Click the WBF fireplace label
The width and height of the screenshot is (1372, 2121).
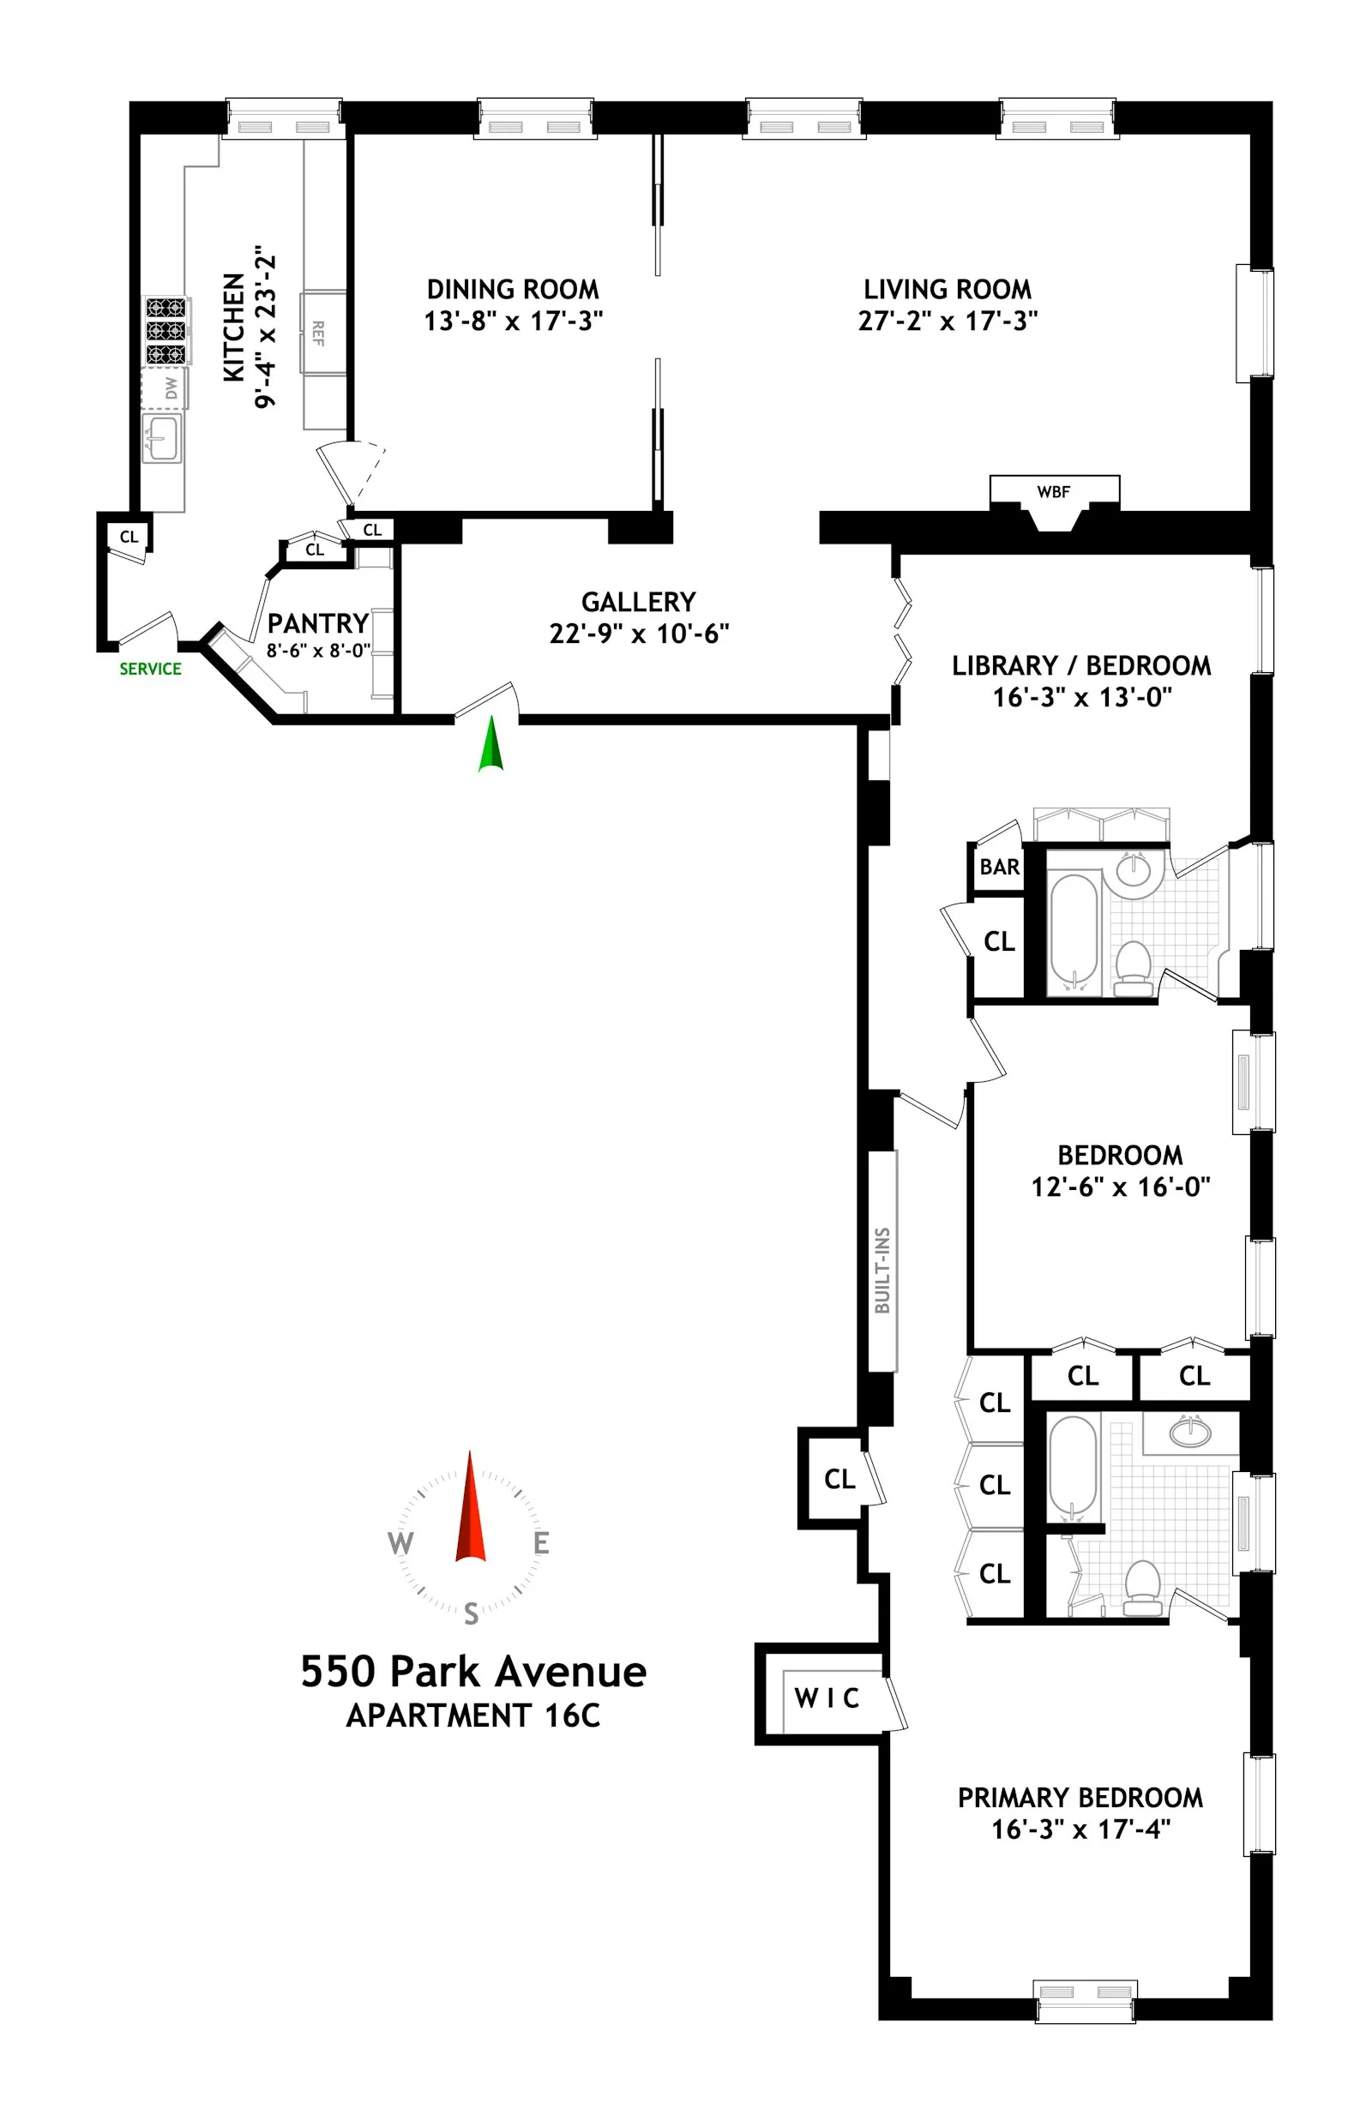pos(1053,492)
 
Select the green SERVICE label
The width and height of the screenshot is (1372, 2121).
pos(151,669)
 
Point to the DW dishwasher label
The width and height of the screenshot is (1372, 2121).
pos(171,388)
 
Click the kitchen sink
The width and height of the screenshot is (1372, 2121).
pos(162,437)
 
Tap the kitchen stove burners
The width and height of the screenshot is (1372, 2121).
pos(166,330)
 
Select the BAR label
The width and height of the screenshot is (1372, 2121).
pos(1000,867)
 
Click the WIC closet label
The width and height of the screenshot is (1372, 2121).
pos(827,1697)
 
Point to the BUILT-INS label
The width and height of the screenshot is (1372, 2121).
pos(882,1271)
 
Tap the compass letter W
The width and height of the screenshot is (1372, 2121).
pos(400,1543)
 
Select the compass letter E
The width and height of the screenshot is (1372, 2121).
pos(541,1543)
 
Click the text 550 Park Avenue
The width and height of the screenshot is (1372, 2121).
pos(473,1671)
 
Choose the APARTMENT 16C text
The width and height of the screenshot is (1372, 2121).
pos(473,1715)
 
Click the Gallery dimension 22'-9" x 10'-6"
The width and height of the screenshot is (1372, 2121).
pos(639,634)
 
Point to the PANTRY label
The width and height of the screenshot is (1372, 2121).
pos(317,622)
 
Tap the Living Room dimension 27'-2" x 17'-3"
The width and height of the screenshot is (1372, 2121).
pos(948,321)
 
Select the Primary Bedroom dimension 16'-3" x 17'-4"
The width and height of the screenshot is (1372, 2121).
pos(1080,1829)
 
